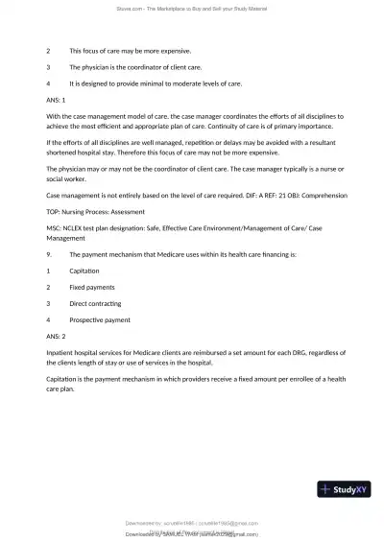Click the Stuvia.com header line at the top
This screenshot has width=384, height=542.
click(192, 9)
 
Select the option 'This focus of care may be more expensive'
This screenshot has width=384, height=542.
click(130, 50)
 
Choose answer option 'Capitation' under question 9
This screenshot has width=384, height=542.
click(84, 271)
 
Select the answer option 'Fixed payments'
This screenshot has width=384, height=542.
click(93, 287)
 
